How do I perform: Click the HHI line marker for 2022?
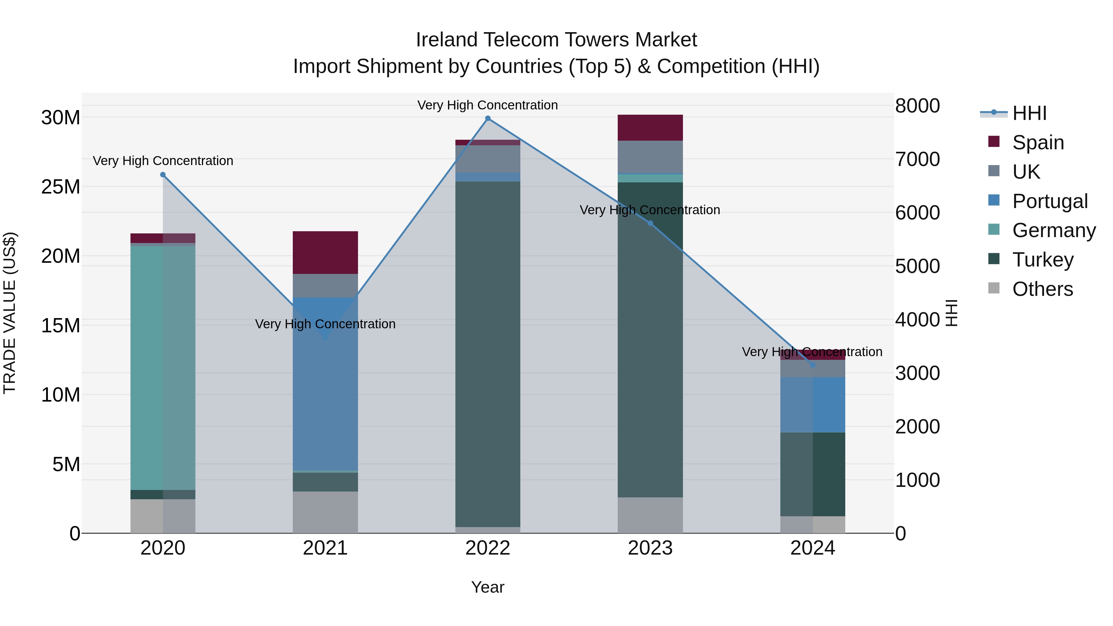(x=488, y=118)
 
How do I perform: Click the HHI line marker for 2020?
(x=163, y=175)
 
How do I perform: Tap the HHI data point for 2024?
(x=812, y=365)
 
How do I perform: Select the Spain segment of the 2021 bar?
(x=325, y=253)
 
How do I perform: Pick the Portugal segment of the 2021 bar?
(x=325, y=389)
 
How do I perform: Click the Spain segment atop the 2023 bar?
(x=650, y=128)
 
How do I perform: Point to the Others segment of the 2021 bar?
(x=325, y=512)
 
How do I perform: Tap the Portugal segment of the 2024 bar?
(x=812, y=405)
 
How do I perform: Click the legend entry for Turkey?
(x=1042, y=260)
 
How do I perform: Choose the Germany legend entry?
(x=1053, y=230)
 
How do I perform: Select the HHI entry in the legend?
(x=1029, y=113)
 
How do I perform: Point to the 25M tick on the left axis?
(x=61, y=187)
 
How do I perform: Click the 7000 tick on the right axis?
(x=917, y=160)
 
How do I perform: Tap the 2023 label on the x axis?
(x=650, y=548)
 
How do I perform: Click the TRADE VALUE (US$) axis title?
(x=10, y=313)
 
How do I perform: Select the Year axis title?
(x=488, y=587)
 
